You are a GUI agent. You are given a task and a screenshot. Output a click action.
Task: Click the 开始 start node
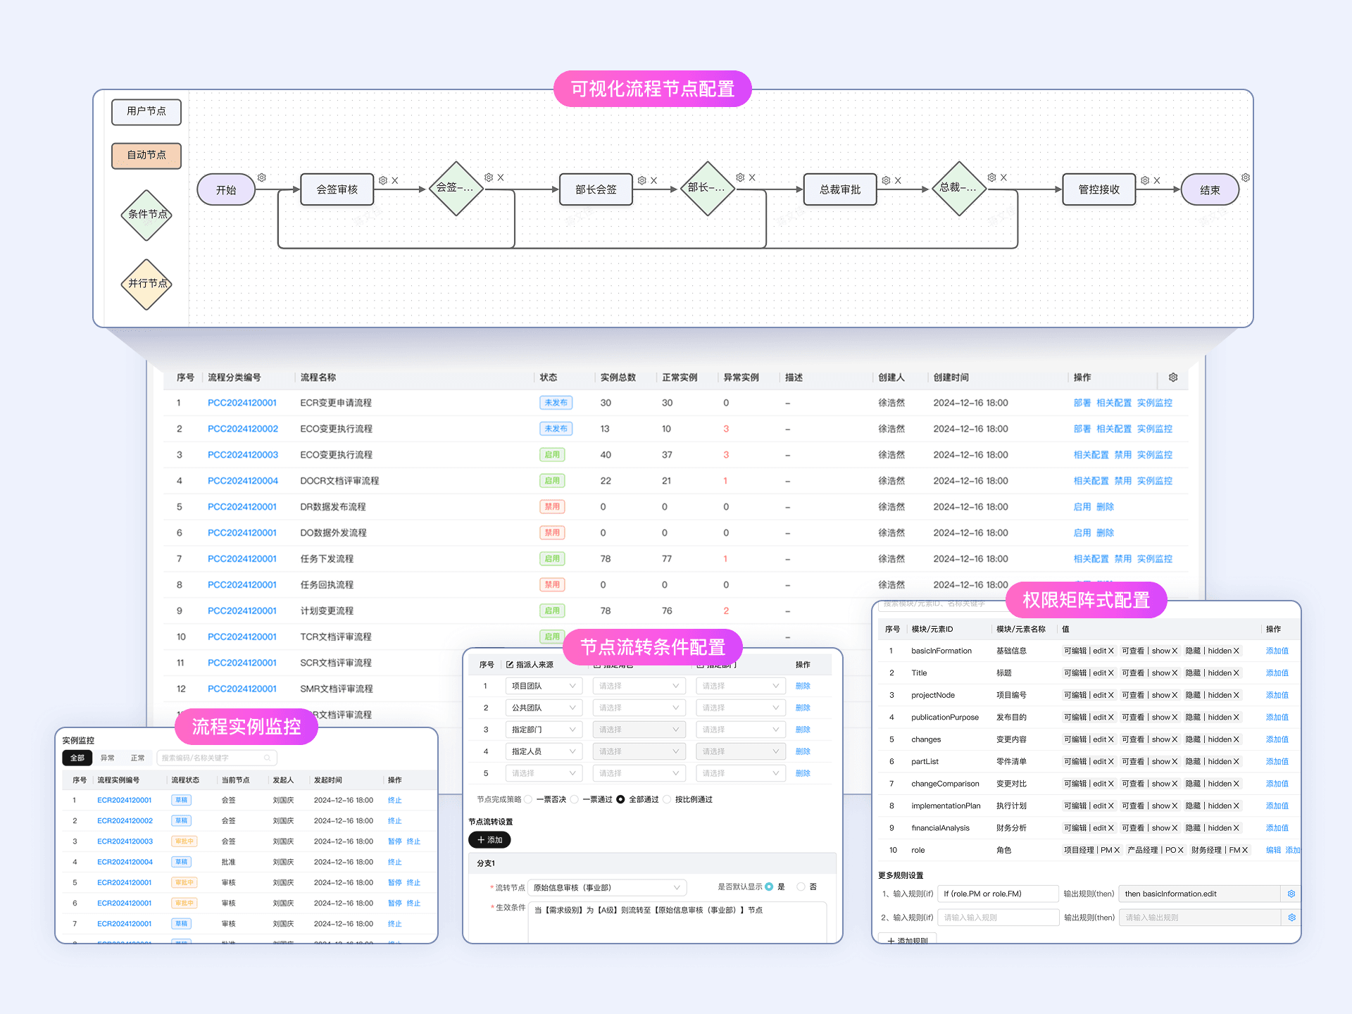point(226,190)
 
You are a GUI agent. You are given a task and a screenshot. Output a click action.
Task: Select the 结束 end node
point(1209,190)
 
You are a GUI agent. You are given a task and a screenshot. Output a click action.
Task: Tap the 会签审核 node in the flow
point(337,189)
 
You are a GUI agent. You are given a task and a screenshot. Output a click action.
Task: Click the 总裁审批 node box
point(839,189)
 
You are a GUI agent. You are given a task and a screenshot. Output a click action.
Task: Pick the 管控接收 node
point(1098,189)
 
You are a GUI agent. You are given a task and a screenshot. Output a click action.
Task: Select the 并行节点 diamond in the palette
point(146,284)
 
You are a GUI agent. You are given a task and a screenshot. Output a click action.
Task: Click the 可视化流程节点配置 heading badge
point(652,89)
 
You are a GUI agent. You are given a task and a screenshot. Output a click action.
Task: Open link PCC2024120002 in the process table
point(242,429)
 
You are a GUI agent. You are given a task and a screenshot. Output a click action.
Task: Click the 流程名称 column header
point(318,377)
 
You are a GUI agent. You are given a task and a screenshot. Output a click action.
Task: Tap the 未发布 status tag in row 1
point(556,403)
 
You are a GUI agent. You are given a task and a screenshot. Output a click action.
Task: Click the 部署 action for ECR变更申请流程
point(1082,403)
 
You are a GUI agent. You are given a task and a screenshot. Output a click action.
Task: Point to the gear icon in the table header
point(1173,377)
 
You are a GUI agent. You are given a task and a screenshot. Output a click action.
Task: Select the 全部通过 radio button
point(620,799)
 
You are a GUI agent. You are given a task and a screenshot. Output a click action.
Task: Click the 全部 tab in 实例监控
point(77,758)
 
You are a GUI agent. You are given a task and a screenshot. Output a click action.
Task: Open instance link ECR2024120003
point(125,841)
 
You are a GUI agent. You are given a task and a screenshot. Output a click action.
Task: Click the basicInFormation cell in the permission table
point(941,651)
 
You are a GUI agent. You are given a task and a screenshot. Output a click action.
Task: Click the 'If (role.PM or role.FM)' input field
point(998,894)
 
